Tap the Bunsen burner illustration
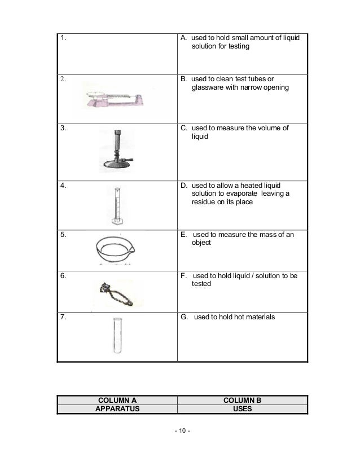pyautogui.click(x=117, y=152)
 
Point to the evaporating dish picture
pyautogui.click(x=117, y=252)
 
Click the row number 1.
pyautogui.click(x=63, y=38)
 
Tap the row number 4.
pyautogui.click(x=63, y=184)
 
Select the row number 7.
pyautogui.click(x=63, y=317)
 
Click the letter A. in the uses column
pyautogui.click(x=183, y=38)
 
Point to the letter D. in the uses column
pyautogui.click(x=183, y=184)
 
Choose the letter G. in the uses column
pyautogui.click(x=184, y=317)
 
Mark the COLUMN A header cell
pyautogui.click(x=117, y=401)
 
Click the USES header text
pyautogui.click(x=242, y=410)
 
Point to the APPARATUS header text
pyautogui.click(x=117, y=410)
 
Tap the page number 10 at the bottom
pyautogui.click(x=182, y=432)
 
